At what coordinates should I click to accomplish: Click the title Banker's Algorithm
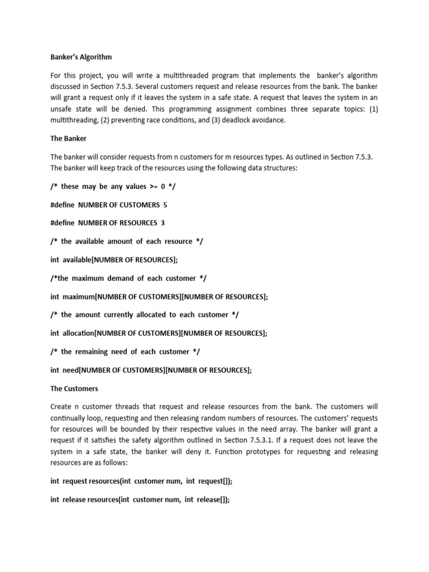81,57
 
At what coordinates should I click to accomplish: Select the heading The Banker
68,139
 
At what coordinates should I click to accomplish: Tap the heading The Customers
74,388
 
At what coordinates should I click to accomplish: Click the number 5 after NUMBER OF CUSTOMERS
165,204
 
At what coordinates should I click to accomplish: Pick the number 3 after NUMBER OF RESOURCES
163,223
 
